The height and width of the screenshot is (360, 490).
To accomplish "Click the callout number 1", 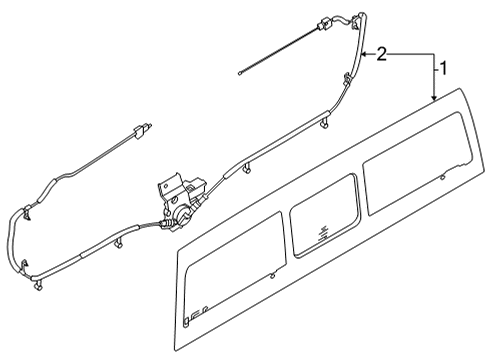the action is [x=439, y=69].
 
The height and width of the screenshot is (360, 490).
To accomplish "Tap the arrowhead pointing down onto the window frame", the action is [x=433, y=97].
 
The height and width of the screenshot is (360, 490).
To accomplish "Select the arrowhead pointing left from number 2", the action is [x=365, y=50].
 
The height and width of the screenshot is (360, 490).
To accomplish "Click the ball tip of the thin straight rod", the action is [x=241, y=71].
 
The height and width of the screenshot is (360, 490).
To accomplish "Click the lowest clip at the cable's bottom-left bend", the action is [x=38, y=288].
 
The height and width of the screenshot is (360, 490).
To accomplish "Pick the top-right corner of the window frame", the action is [x=470, y=91].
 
